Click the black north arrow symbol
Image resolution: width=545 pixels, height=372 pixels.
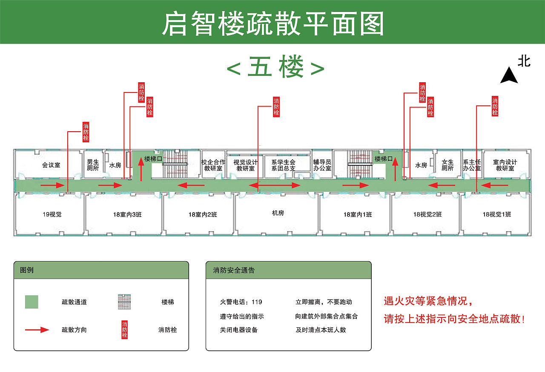click(x=509, y=75)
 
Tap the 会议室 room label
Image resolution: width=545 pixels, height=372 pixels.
click(x=51, y=165)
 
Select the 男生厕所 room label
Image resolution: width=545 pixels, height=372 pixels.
click(x=93, y=165)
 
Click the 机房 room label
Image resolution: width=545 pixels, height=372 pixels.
click(x=278, y=213)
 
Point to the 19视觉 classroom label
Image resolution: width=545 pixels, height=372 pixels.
click(x=52, y=214)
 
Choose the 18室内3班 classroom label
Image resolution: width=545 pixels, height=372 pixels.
click(x=128, y=214)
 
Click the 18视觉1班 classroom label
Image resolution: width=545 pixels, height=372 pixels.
click(x=497, y=214)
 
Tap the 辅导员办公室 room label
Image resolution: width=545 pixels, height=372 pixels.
click(x=322, y=165)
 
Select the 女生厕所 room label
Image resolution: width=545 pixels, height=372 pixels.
click(x=447, y=165)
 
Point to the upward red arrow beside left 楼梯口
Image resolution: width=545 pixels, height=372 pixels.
click(x=141, y=169)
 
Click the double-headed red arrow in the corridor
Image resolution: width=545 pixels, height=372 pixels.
click(x=275, y=185)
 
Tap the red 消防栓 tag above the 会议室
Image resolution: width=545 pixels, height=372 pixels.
click(x=86, y=132)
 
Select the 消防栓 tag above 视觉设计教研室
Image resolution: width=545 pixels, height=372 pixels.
click(x=276, y=107)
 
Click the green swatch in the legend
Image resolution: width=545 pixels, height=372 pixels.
click(x=32, y=302)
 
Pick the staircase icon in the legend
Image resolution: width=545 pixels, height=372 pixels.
click(x=124, y=302)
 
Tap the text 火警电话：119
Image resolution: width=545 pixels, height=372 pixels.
click(x=241, y=302)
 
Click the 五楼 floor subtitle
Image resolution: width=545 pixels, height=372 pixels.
click(x=275, y=67)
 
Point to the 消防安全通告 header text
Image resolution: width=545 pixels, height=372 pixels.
click(x=234, y=270)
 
